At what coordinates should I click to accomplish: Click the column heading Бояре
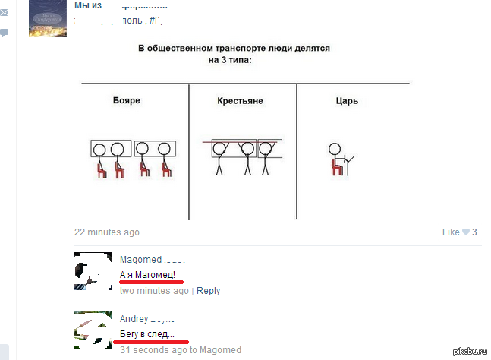pos(126,100)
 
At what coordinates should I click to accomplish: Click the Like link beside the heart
pos(451,232)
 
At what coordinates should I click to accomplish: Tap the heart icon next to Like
pos(466,232)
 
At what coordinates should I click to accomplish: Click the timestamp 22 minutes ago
pos(107,232)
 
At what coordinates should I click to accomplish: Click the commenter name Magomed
pos(140,260)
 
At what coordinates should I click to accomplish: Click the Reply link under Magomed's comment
pos(208,291)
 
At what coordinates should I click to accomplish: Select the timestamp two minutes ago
pos(154,291)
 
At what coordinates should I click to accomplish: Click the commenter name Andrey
pos(134,319)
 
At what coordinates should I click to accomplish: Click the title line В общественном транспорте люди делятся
pos(234,48)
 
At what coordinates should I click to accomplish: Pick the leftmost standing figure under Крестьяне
pos(219,158)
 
